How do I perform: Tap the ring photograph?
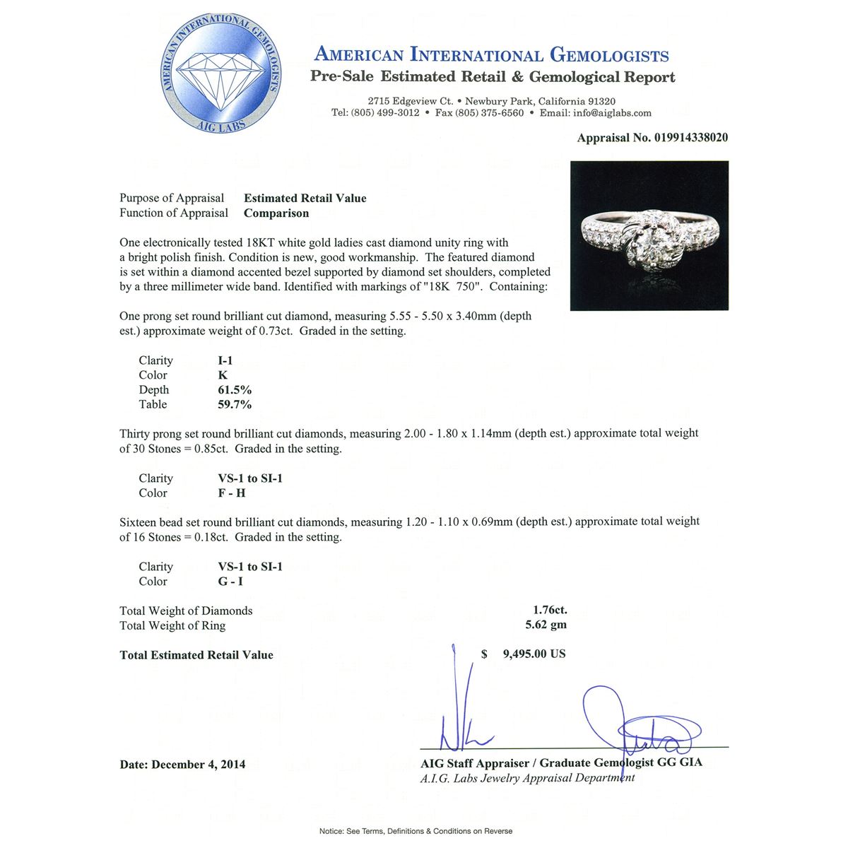coord(649,236)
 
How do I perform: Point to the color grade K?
coord(223,375)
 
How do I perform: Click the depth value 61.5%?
coord(235,390)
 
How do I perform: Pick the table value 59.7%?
coord(235,405)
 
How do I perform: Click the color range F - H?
coord(232,493)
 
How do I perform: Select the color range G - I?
coord(230,582)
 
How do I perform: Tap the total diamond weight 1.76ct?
coord(550,611)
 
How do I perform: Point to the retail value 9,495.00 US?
coord(534,654)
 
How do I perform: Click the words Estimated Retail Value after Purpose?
coord(305,199)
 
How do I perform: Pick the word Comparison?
coord(276,213)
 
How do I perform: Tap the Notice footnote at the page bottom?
coord(416,831)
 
